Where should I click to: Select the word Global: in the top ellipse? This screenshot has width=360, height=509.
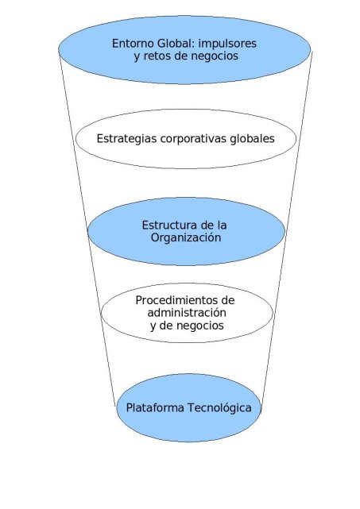[x=176, y=44]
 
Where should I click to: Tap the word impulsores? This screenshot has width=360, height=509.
[x=227, y=44]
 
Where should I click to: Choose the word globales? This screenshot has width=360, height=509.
[x=252, y=139]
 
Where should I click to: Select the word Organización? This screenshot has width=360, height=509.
[x=186, y=238]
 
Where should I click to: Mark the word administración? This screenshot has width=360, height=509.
[x=187, y=313]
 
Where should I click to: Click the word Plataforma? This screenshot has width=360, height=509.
[x=155, y=407]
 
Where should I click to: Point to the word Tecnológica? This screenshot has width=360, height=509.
[x=219, y=407]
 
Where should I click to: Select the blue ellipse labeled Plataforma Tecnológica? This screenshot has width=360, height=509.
[x=188, y=407]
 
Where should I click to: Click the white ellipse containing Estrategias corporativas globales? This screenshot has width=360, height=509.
[x=186, y=139]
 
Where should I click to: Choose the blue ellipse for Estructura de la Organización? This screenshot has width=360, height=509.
[x=186, y=231]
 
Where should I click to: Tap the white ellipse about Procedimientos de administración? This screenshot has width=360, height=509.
[x=187, y=313]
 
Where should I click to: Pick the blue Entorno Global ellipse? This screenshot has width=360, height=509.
[x=184, y=50]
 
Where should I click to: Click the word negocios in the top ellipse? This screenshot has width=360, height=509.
[x=215, y=56]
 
